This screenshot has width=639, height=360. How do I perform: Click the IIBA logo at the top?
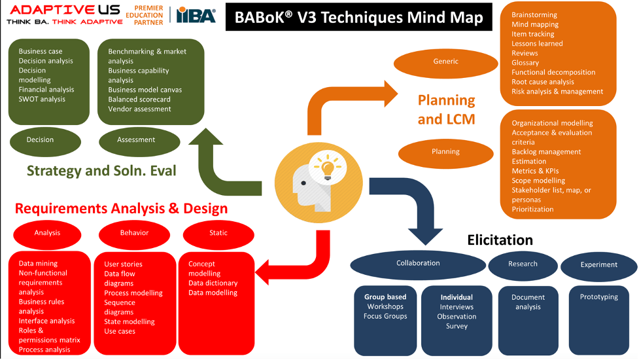196,15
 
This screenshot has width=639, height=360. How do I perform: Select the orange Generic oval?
445,62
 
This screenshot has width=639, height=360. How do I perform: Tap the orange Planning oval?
445,152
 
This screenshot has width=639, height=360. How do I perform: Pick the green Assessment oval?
136,140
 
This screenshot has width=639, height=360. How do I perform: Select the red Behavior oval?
134,233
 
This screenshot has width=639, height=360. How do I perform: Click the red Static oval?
218,233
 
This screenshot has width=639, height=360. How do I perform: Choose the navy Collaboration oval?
418,264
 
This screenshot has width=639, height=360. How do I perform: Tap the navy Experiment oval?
598,265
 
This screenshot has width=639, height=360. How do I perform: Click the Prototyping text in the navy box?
598,297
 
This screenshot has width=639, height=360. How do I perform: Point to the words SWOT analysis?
42,99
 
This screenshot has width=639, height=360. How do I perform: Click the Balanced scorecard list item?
139,99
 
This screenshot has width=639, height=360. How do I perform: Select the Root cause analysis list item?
542,82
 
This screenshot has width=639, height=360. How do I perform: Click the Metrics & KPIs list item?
535,171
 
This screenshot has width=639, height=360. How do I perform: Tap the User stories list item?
123,264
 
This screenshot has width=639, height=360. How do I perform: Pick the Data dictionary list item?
213,283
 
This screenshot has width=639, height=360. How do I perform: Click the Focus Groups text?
385,317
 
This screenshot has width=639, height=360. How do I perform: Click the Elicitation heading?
500,240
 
